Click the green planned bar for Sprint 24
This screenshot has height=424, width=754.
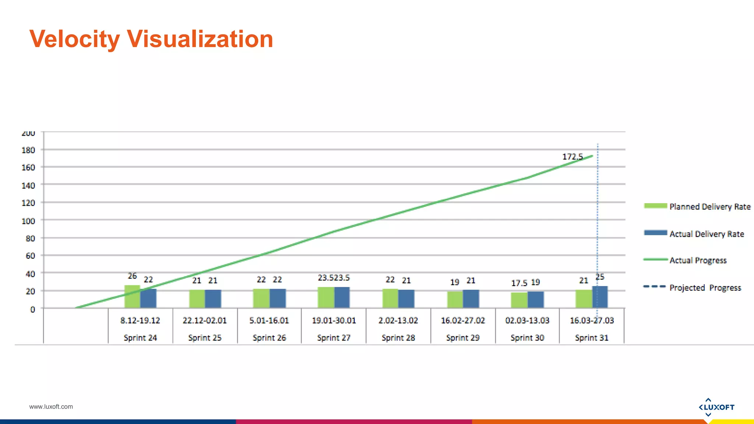pyautogui.click(x=132, y=296)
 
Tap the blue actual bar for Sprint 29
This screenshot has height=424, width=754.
pyautogui.click(x=471, y=298)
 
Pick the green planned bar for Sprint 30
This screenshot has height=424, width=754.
pyautogui.click(x=519, y=300)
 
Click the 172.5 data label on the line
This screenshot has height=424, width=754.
pyautogui.click(x=572, y=157)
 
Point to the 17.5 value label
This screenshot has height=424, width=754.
pyautogui.click(x=519, y=283)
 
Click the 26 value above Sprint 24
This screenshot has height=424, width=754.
pyautogui.click(x=132, y=276)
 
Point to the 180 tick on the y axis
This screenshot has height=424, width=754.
pyautogui.click(x=28, y=150)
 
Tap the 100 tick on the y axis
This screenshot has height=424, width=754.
pyautogui.click(x=28, y=221)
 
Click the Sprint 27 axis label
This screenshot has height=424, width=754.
pyautogui.click(x=334, y=338)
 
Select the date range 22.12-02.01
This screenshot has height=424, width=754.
pyautogui.click(x=205, y=320)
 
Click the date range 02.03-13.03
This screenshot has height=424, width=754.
pyautogui.click(x=527, y=320)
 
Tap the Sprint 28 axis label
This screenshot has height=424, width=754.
pyautogui.click(x=398, y=338)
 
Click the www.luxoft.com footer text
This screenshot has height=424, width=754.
pyautogui.click(x=51, y=407)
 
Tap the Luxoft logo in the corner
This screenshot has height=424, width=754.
pyautogui.click(x=716, y=407)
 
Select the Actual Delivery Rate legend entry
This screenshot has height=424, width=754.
pyautogui.click(x=707, y=234)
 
